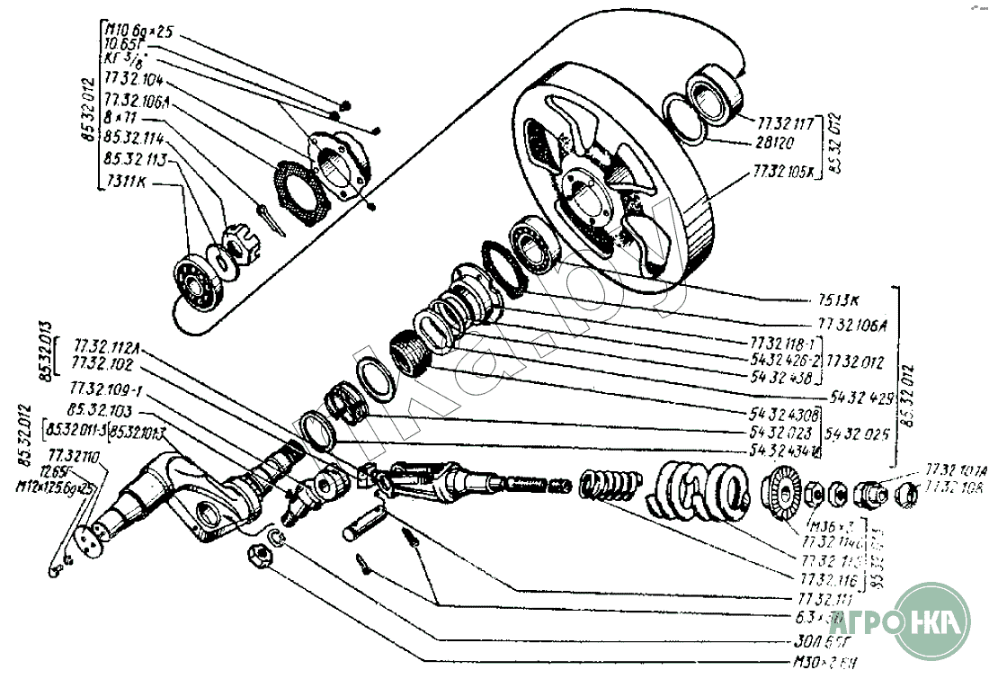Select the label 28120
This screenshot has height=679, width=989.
[774, 142]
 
